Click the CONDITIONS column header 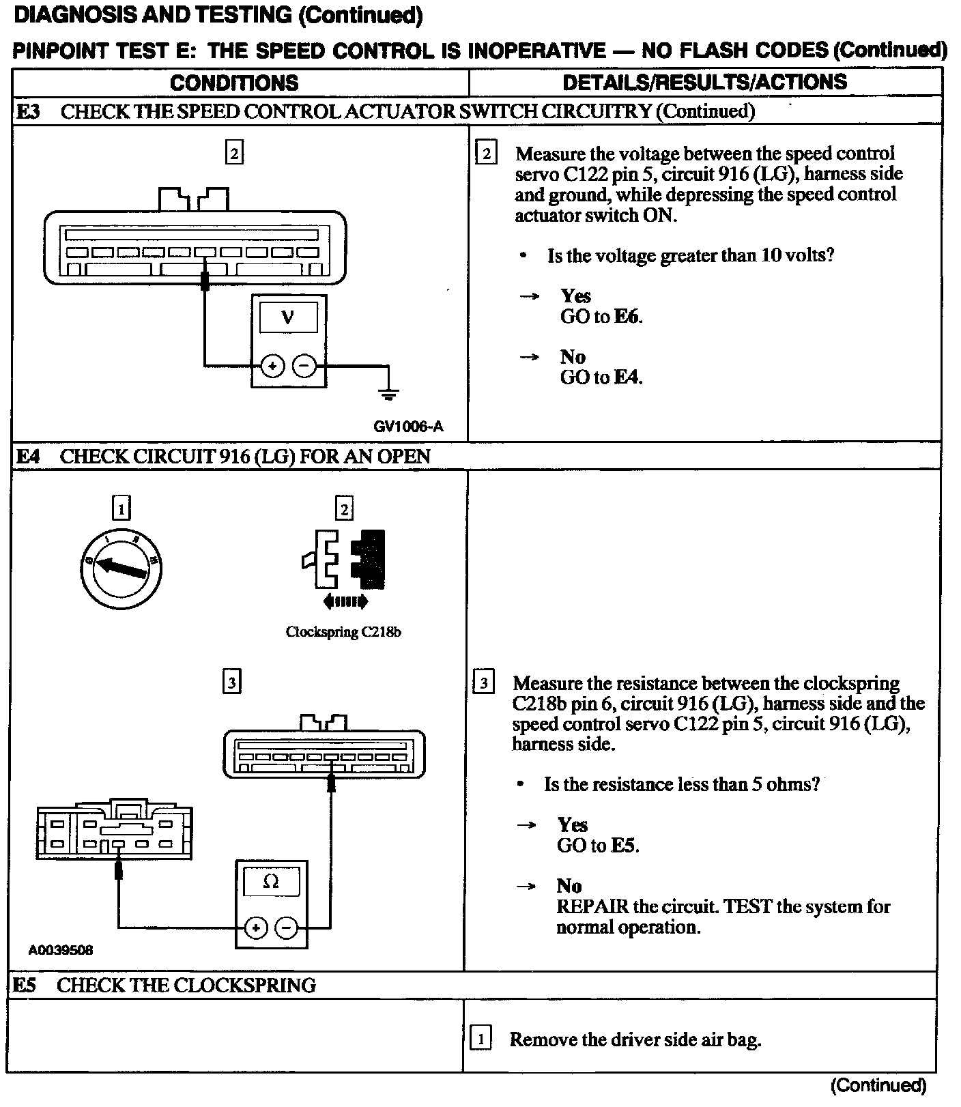point(234,83)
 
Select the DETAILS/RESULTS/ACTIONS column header point(704,83)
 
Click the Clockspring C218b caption point(343,632)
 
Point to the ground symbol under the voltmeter point(389,394)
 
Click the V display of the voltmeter point(289,317)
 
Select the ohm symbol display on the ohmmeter point(271,882)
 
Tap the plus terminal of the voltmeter point(272,366)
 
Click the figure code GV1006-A point(408,427)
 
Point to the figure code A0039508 point(61,949)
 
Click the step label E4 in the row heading point(28,456)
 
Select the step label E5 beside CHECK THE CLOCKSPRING point(25,985)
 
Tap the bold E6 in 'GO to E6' point(628,316)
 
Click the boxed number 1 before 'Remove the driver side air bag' point(480,1039)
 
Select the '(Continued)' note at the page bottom point(878,1085)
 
